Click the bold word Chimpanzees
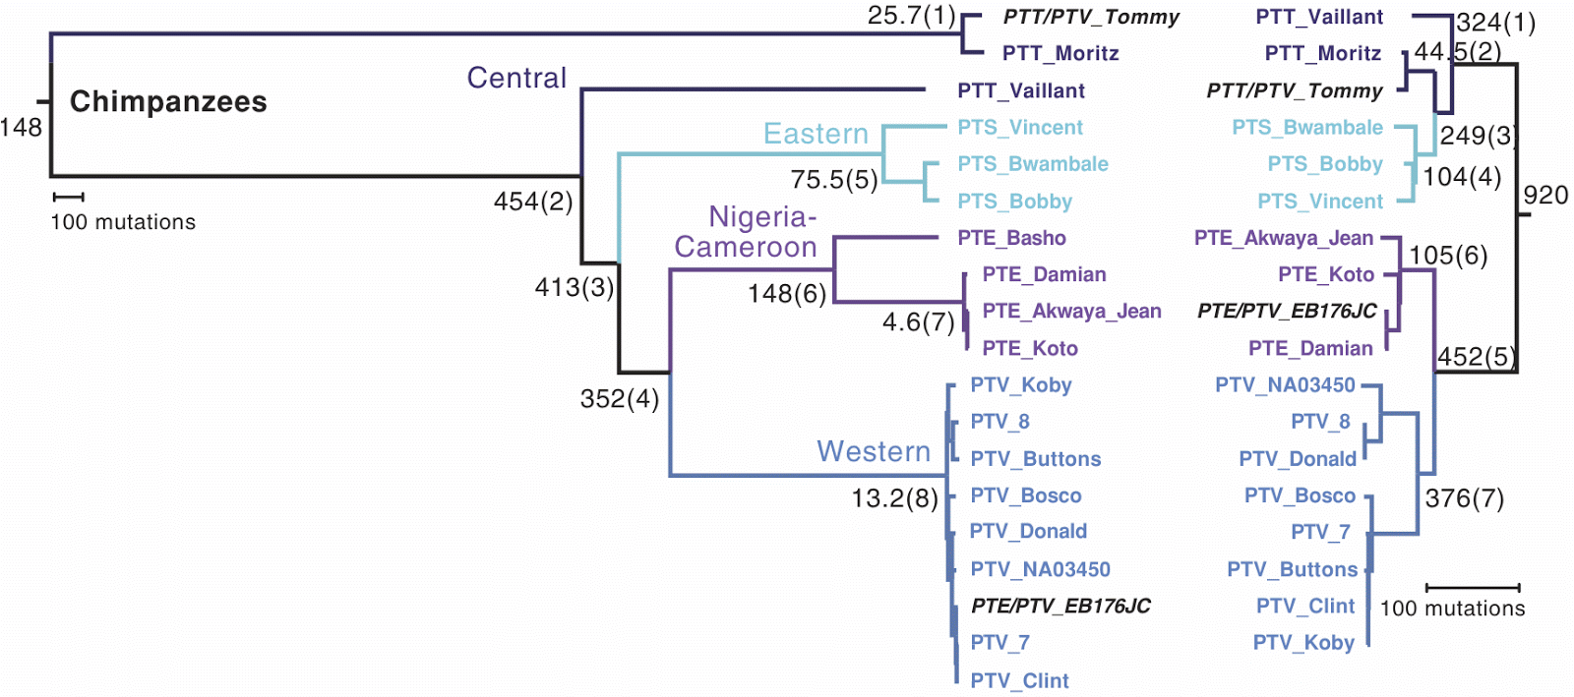168,101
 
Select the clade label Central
516,78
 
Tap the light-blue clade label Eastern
816,134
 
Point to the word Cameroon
746,247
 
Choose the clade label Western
874,451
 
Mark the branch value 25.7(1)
911,16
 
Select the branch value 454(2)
533,202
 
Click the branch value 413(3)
575,287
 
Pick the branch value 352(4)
620,398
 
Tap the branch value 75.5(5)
834,180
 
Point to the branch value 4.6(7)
918,322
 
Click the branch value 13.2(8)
894,498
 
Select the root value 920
1545,195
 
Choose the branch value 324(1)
1495,23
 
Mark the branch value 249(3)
1478,136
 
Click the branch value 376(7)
1464,498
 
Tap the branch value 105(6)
1448,256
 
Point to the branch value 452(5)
1475,357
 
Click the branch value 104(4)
1462,177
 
